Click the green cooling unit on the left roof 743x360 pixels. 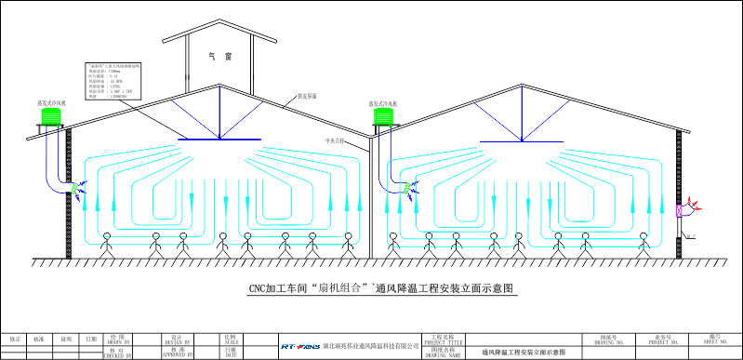(x=50, y=116)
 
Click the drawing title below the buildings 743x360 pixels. (x=372, y=288)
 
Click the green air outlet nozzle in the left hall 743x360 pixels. (x=75, y=190)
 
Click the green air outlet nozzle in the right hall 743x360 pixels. (x=405, y=189)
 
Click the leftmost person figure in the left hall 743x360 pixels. (x=106, y=244)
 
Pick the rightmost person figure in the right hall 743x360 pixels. (x=642, y=244)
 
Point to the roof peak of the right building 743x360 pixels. (x=517, y=85)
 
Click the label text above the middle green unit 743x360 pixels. (x=381, y=103)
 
